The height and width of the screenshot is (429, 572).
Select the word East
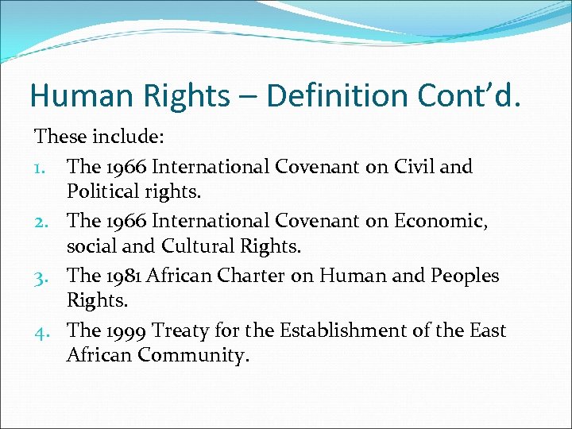click(x=486, y=330)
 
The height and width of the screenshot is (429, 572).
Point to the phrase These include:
click(x=99, y=137)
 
